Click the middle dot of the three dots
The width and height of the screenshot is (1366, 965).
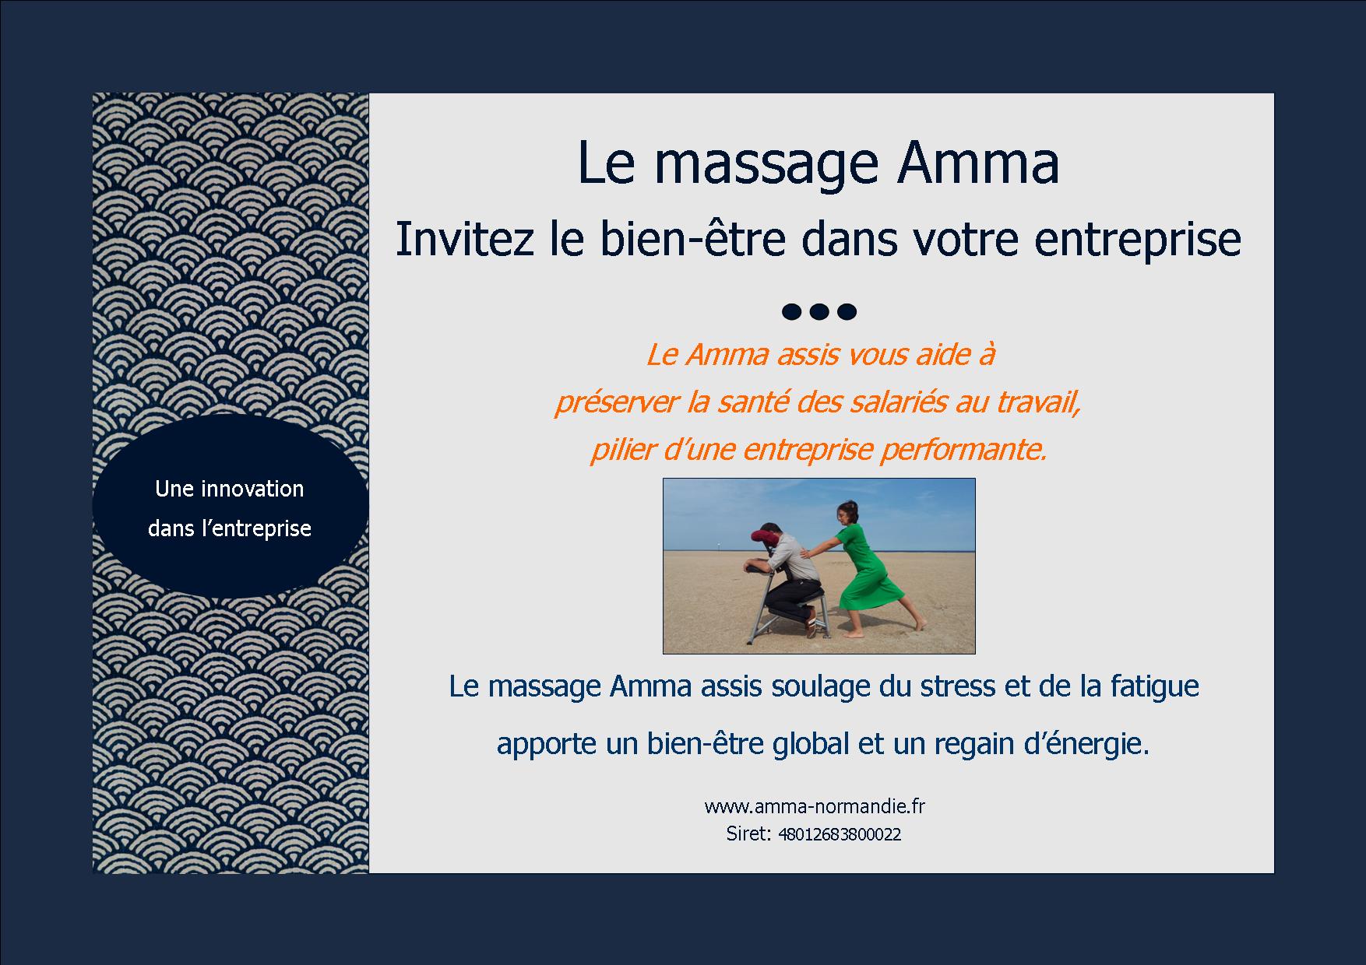(x=818, y=312)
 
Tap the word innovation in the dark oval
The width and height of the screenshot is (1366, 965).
(x=252, y=489)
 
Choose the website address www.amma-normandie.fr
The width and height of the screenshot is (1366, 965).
(x=815, y=806)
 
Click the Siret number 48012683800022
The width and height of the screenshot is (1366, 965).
(x=840, y=835)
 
